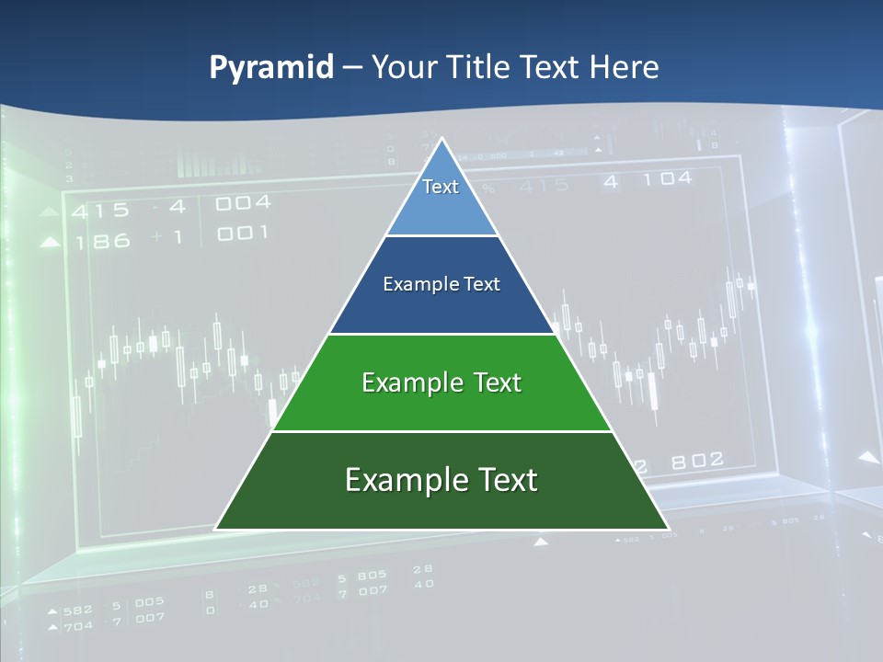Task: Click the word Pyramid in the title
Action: (x=271, y=67)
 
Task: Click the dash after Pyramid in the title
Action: (x=352, y=68)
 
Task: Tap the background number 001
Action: (x=243, y=234)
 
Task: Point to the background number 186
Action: (x=102, y=242)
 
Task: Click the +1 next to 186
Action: (x=166, y=237)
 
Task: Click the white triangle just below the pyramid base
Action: (x=541, y=542)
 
